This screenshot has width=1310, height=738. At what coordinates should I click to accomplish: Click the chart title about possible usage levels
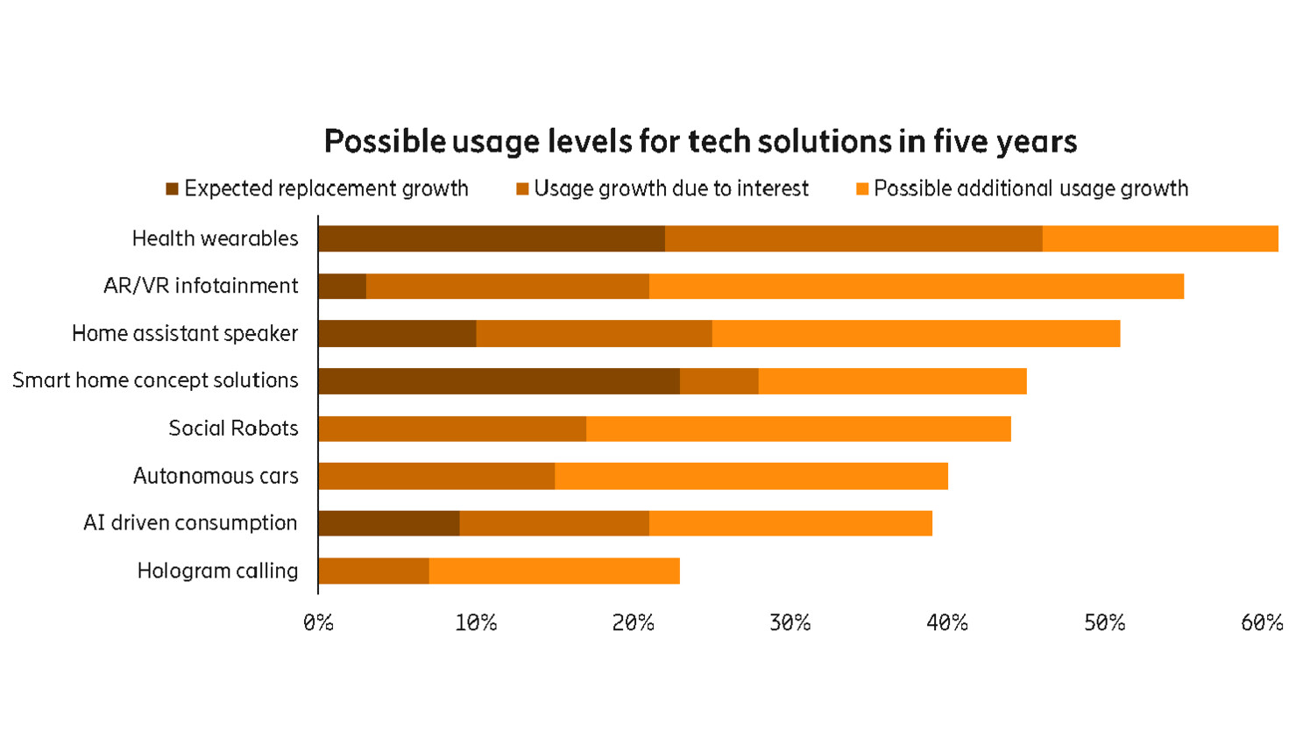(700, 141)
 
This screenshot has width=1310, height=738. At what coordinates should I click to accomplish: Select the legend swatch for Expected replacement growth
(173, 189)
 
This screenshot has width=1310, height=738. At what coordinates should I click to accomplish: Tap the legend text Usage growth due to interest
(670, 189)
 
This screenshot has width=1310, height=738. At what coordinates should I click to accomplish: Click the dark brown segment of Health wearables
(491, 238)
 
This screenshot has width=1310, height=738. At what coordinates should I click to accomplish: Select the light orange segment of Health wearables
(1159, 238)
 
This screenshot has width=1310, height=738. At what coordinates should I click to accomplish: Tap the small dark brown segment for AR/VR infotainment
(342, 286)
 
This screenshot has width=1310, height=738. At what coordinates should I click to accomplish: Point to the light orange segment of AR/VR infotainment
(916, 286)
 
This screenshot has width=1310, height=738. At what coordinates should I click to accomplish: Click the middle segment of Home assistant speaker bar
(593, 334)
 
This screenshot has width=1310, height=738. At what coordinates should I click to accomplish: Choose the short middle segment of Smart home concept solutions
(719, 381)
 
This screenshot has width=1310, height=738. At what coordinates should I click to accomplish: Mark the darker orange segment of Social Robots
(451, 429)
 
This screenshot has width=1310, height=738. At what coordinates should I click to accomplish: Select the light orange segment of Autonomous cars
(751, 476)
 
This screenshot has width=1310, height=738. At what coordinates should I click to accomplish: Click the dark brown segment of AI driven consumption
(388, 523)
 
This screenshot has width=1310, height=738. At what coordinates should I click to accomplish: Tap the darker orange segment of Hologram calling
(373, 571)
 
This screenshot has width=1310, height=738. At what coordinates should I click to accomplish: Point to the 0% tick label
(318, 623)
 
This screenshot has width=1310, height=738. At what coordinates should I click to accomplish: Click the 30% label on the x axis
(790, 623)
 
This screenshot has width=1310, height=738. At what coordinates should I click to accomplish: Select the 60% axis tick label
(1261, 623)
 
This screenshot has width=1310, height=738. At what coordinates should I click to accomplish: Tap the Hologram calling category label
(217, 571)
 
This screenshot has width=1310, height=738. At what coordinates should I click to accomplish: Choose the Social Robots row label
(233, 429)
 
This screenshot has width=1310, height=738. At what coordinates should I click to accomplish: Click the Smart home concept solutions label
(155, 380)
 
